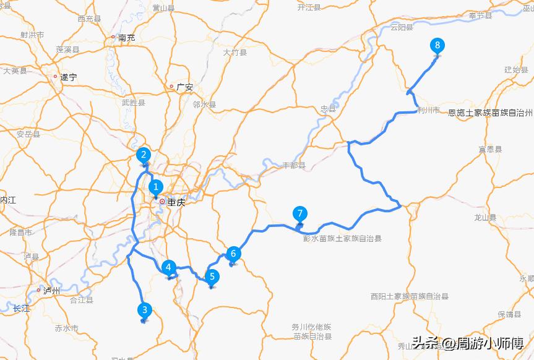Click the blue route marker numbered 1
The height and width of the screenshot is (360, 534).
click(156, 186)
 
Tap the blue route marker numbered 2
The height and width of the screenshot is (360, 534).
click(144, 155)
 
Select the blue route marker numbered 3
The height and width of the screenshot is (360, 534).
click(145, 309)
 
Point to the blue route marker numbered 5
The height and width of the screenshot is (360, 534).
click(212, 276)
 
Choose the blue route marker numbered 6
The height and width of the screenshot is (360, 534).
click(233, 253)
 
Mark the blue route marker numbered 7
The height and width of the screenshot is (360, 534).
click(299, 214)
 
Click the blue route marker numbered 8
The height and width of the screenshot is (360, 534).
click(437, 45)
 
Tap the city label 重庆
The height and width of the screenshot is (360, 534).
click(176, 202)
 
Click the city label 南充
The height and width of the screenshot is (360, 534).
click(126, 38)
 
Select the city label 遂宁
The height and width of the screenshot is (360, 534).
click(69, 77)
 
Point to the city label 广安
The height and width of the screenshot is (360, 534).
click(184, 87)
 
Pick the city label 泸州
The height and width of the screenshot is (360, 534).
click(52, 290)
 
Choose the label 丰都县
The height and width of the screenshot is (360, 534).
click(294, 165)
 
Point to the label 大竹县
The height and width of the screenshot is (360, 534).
click(235, 53)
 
